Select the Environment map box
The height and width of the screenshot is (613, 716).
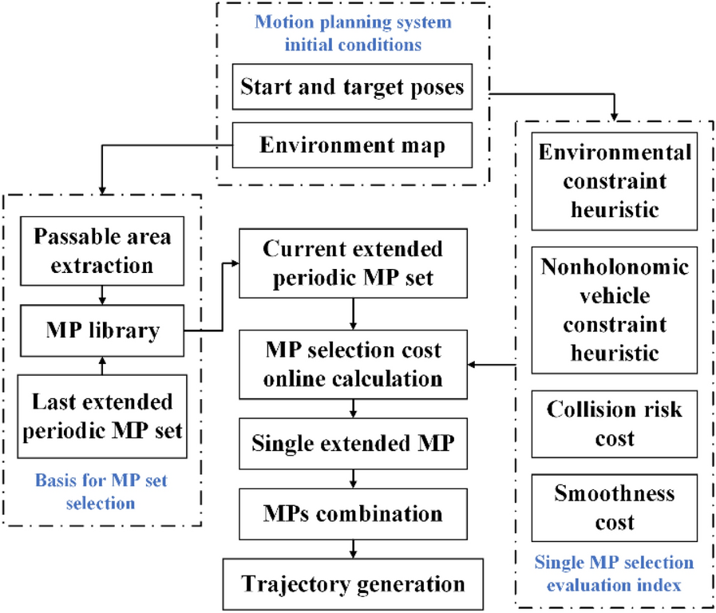352,146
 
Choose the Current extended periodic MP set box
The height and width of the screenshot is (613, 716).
352,263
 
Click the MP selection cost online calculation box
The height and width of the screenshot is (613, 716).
352,364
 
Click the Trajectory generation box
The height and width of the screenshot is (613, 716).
352,583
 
